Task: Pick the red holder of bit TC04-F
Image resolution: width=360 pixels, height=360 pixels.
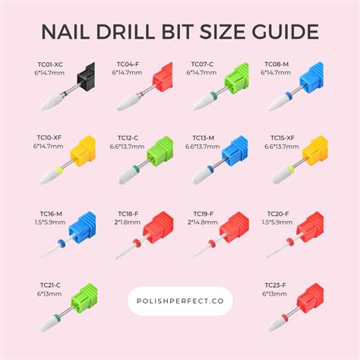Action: pos(160,78)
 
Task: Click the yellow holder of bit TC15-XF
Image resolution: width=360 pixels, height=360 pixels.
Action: pos(314,151)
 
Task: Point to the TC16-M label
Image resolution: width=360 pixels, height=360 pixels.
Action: pos(50,216)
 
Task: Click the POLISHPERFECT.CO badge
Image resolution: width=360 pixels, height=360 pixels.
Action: pos(180,300)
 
